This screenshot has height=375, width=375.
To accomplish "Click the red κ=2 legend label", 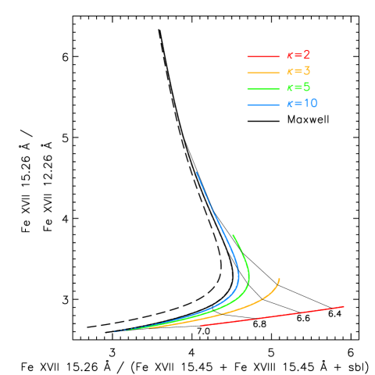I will tap(298, 55).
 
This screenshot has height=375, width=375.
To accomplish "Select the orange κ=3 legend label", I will tap(298, 71).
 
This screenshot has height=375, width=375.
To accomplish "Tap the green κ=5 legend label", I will tap(298, 87).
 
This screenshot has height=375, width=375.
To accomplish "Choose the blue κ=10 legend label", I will tap(302, 104).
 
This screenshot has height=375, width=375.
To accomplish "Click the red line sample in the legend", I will tap(263, 56).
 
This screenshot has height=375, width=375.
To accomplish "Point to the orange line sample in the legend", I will tap(263, 73).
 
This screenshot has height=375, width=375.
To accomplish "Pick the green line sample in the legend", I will tap(263, 88).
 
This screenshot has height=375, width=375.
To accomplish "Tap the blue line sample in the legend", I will tap(263, 105).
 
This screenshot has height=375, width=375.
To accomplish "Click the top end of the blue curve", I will tap(196, 172).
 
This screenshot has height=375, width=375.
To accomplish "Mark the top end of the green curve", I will tap(233, 235).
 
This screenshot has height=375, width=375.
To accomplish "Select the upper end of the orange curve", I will tap(279, 278).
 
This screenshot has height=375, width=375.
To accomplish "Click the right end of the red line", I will tap(344, 306).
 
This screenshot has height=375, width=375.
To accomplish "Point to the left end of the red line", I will tap(201, 325).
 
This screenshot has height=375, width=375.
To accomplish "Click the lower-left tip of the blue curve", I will tap(116, 332).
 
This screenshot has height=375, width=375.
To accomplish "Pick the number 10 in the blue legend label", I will tap(310, 104).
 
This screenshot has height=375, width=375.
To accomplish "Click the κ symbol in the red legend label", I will tap(290, 55).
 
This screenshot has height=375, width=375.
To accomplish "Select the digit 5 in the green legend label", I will tap(306, 87).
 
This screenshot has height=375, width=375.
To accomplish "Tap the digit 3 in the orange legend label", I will tap(306, 71).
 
